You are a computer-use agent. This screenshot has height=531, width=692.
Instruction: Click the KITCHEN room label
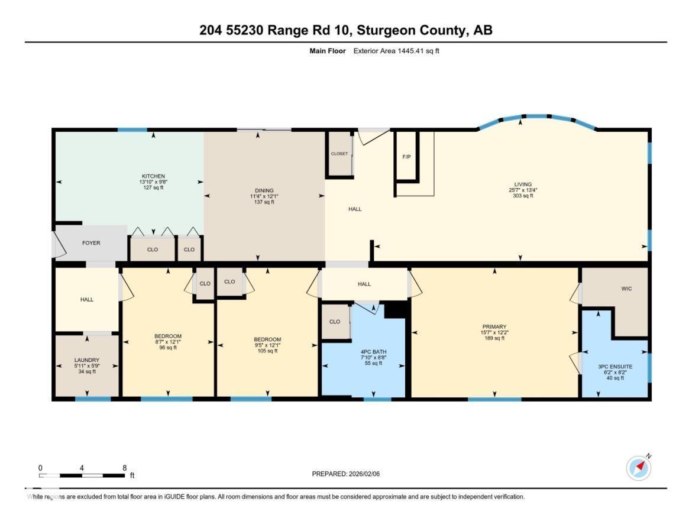click(153, 176)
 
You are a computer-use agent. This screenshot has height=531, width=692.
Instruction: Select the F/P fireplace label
click(406, 157)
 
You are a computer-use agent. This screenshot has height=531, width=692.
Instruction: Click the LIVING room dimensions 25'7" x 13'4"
click(523, 190)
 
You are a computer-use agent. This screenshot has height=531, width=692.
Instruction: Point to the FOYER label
click(91, 243)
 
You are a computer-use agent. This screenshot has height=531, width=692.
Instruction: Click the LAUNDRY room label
click(87, 360)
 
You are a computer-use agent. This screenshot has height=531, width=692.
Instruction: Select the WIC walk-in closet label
click(627, 289)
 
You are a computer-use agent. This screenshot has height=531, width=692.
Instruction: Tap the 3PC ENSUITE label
click(615, 367)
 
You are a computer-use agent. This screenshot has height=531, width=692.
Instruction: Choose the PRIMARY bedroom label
click(494, 327)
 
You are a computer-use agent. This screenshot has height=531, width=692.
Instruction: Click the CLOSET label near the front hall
click(339, 154)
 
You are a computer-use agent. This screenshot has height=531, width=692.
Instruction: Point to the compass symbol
click(639, 468)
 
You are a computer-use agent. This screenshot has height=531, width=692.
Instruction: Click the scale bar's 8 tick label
click(124, 468)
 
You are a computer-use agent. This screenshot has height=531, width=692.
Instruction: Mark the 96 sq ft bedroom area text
click(167, 348)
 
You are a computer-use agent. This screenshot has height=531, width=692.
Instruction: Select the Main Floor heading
click(328, 51)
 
